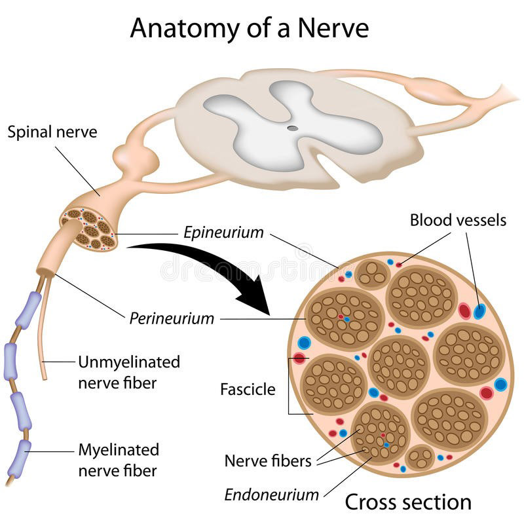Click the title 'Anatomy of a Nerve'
249,28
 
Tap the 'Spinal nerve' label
52,132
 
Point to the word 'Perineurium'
172,319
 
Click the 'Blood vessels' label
458,220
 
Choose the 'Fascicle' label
248,390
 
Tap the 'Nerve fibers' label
268,460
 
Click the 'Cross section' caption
407,502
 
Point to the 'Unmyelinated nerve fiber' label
129,371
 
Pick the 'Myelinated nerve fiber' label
119,460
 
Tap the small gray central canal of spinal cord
293,128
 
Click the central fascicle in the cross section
398,367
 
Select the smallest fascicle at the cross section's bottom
419,457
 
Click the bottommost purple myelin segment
24,453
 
